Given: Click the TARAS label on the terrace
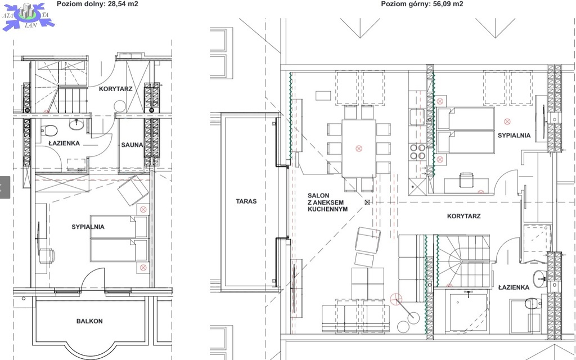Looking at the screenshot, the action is (246, 201).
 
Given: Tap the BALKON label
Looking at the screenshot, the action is (89, 321).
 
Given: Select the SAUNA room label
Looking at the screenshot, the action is (132, 145).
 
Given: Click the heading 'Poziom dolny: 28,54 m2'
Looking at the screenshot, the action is (97, 4).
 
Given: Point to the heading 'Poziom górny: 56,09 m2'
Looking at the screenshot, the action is (422, 4).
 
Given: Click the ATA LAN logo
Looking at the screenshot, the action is (28, 16).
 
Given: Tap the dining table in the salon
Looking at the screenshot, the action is (359, 148).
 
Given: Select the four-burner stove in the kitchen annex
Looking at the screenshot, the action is (418, 151).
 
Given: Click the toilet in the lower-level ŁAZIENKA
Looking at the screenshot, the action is (49, 130).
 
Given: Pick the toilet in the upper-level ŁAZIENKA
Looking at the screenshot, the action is (533, 303).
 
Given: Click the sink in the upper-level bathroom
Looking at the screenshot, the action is (539, 279).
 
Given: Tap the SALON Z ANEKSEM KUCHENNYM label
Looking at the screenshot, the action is (328, 202).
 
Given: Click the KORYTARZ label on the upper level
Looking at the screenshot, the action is (463, 216).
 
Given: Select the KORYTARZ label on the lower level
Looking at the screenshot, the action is (115, 89).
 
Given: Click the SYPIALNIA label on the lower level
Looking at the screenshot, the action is (88, 227).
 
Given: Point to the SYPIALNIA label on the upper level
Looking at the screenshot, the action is (514, 136).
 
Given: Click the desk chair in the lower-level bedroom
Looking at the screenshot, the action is (47, 256).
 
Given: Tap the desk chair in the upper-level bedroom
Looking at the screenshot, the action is (466, 180).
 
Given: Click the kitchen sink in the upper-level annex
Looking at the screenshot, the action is (417, 117).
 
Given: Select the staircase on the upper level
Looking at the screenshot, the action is (463, 261).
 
